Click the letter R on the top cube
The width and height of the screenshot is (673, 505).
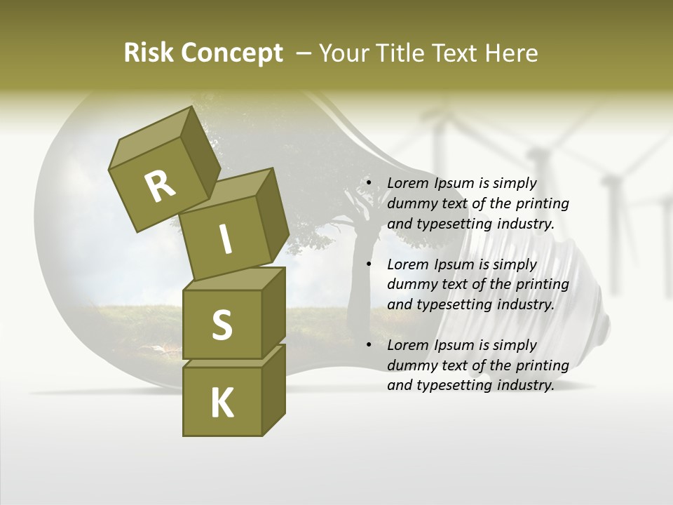[x=160, y=186]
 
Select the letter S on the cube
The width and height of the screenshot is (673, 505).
[x=222, y=325]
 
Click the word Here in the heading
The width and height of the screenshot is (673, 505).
[x=510, y=53]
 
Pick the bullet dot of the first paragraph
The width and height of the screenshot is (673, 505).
[x=369, y=184]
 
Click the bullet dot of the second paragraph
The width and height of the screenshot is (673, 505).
[x=369, y=264]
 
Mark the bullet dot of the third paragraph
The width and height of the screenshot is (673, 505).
[x=369, y=345]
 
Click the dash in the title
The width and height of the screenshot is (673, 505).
[x=304, y=53]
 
